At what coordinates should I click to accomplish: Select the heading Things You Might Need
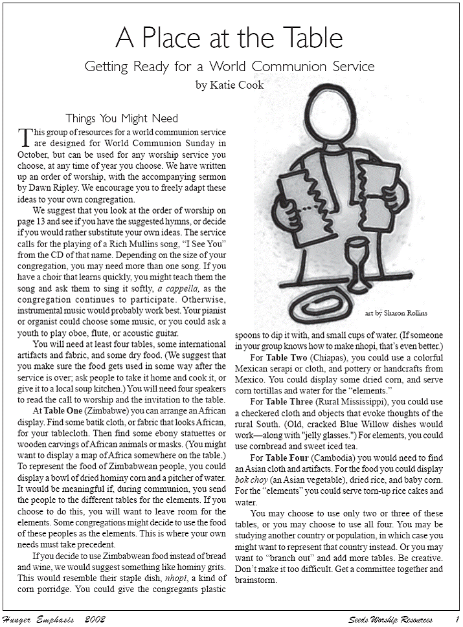122,118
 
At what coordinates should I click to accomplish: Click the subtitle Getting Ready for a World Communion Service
229,67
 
